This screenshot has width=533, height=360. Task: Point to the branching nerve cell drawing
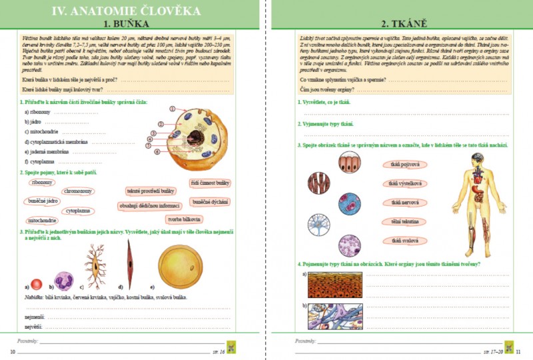95,265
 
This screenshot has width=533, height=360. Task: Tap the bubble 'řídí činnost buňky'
209,182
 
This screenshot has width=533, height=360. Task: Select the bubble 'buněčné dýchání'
211,201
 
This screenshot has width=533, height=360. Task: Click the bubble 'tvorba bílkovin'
185,219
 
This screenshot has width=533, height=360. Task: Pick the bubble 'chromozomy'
78,191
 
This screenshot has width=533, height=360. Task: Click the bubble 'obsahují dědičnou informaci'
150,205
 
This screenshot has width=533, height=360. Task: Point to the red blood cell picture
37,283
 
